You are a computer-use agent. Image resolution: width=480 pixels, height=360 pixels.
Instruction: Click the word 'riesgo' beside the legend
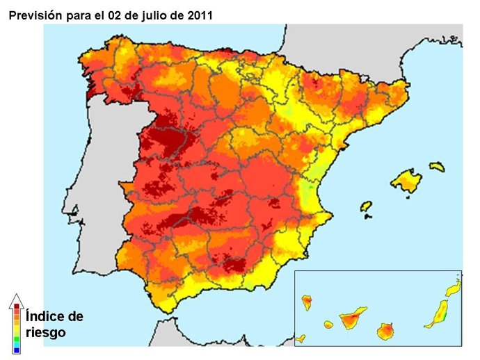point(45,333)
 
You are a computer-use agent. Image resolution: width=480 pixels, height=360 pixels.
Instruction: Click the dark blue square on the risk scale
point(17,350)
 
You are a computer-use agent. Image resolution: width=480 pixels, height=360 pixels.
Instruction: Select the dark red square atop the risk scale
point(17,306)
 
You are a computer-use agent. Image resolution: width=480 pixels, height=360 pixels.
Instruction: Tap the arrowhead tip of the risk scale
point(17,296)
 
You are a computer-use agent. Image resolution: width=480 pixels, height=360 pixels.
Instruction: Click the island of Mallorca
point(406,181)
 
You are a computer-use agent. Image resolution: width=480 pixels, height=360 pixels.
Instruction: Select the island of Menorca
point(437,167)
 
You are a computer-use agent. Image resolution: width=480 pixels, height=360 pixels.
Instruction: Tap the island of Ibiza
point(366,206)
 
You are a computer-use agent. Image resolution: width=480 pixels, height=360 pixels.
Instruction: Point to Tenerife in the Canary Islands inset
point(351,320)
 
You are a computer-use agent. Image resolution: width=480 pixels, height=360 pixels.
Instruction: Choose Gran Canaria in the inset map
point(387,332)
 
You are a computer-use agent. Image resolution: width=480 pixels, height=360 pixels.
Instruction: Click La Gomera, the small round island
point(328,325)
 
